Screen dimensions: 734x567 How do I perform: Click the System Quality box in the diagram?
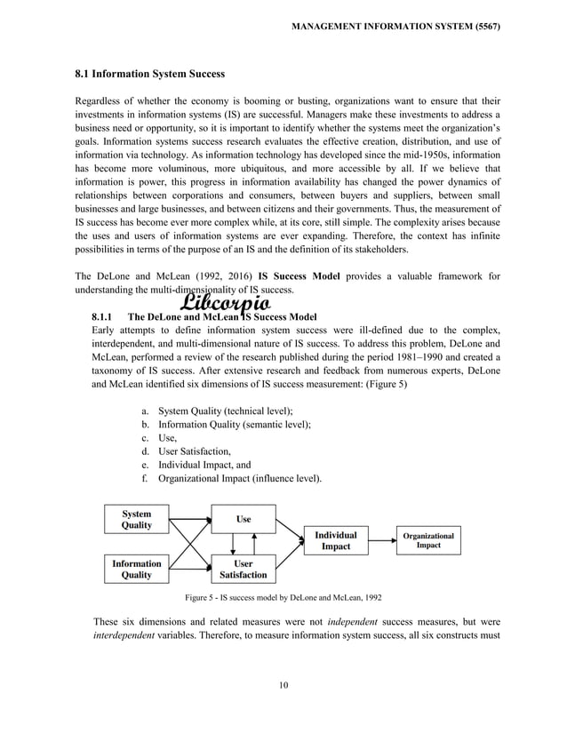[x=136, y=519]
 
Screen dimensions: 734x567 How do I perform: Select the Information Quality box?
[x=136, y=569]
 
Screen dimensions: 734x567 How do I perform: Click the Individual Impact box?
[x=336, y=540]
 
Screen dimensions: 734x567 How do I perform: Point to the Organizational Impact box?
[x=428, y=540]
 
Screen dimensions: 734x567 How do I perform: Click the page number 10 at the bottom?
[x=283, y=684]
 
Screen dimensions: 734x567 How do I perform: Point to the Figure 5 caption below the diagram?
[x=283, y=597]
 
